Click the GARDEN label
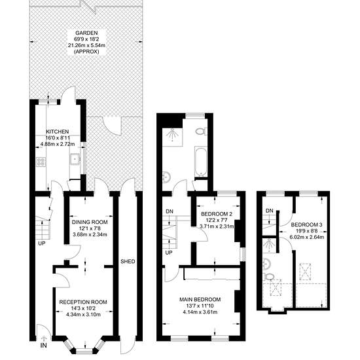point(86,33)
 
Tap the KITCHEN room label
point(58,132)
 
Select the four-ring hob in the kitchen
point(41,162)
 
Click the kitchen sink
point(75,158)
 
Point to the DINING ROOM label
point(90,223)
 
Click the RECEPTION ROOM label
point(83,302)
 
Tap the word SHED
point(128,262)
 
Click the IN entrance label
point(44,345)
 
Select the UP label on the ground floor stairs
point(42,243)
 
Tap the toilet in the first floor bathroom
point(201,132)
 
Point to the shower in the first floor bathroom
point(172,137)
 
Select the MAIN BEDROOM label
point(200,299)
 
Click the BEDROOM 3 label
point(307,225)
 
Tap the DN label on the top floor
point(269,211)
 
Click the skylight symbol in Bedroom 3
point(306,272)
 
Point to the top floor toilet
point(268,277)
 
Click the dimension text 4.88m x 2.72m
point(58,145)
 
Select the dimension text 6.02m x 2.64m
point(307,237)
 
